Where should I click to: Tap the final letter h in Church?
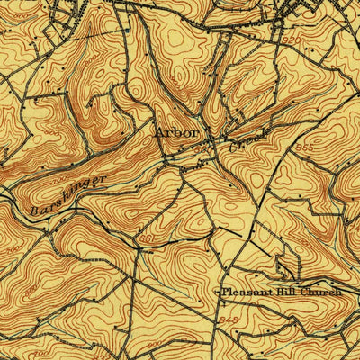(x=341, y=292)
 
